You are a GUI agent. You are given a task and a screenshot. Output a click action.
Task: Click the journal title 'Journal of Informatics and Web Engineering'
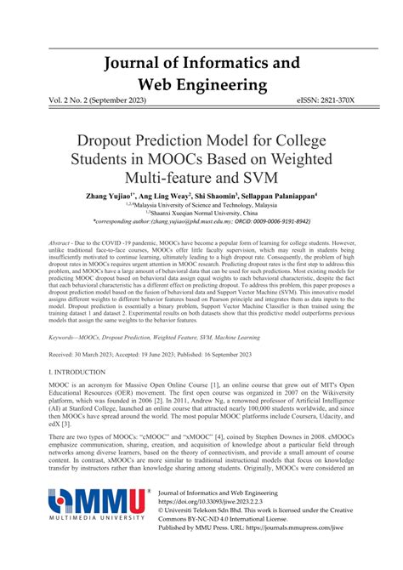201,74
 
